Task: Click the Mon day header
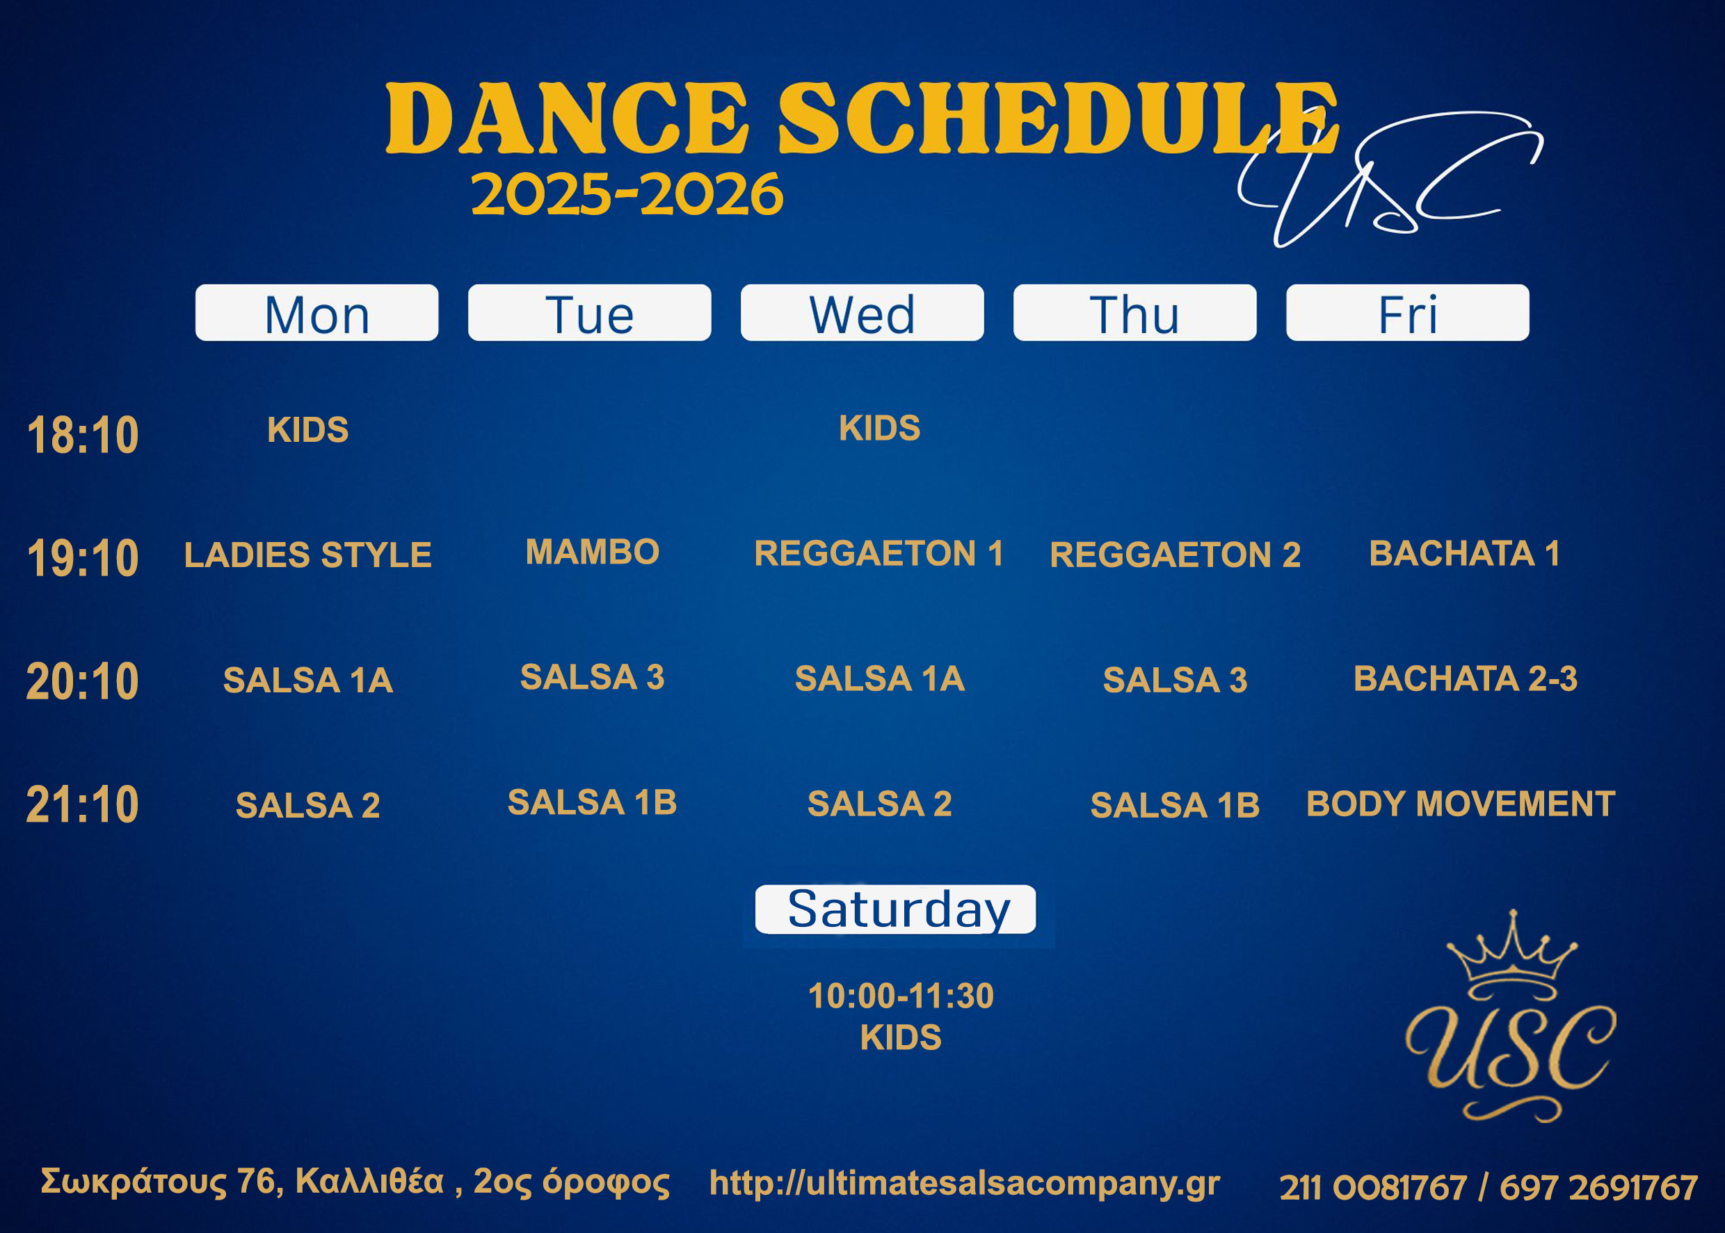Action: (316, 313)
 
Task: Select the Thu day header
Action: (1134, 313)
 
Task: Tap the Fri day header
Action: (1408, 313)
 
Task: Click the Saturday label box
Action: (895, 909)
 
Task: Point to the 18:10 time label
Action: (83, 435)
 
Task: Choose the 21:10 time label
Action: (83, 804)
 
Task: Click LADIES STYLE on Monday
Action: (308, 555)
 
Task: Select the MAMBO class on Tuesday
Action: (593, 551)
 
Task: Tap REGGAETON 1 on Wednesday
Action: (878, 552)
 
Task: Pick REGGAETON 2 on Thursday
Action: (1176, 555)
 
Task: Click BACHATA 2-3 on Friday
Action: (1466, 678)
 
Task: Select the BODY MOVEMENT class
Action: (1461, 803)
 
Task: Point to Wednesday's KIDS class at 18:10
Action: (880, 428)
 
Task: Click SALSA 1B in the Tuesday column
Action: (593, 802)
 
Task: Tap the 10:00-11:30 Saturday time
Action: (901, 995)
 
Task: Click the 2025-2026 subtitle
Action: (627, 193)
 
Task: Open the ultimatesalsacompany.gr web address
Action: (965, 1183)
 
